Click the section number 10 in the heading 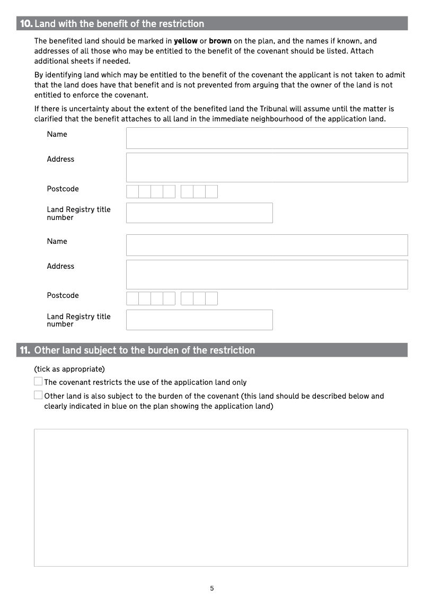(x=26, y=24)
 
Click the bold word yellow (x=185, y=41)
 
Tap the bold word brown (x=220, y=41)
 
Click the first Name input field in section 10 (x=267, y=138)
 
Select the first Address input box (x=267, y=168)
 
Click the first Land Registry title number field (x=199, y=213)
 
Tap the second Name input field (x=267, y=245)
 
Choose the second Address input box (x=267, y=275)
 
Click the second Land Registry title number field (x=199, y=320)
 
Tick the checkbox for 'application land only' (x=38, y=381)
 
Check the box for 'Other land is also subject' (x=38, y=395)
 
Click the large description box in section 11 (x=220, y=497)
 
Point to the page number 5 (x=212, y=588)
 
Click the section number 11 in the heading (x=25, y=350)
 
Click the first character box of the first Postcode (x=132, y=191)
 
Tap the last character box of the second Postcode (x=211, y=298)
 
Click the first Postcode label (x=63, y=189)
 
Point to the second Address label (x=60, y=266)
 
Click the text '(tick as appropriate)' (x=69, y=368)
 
